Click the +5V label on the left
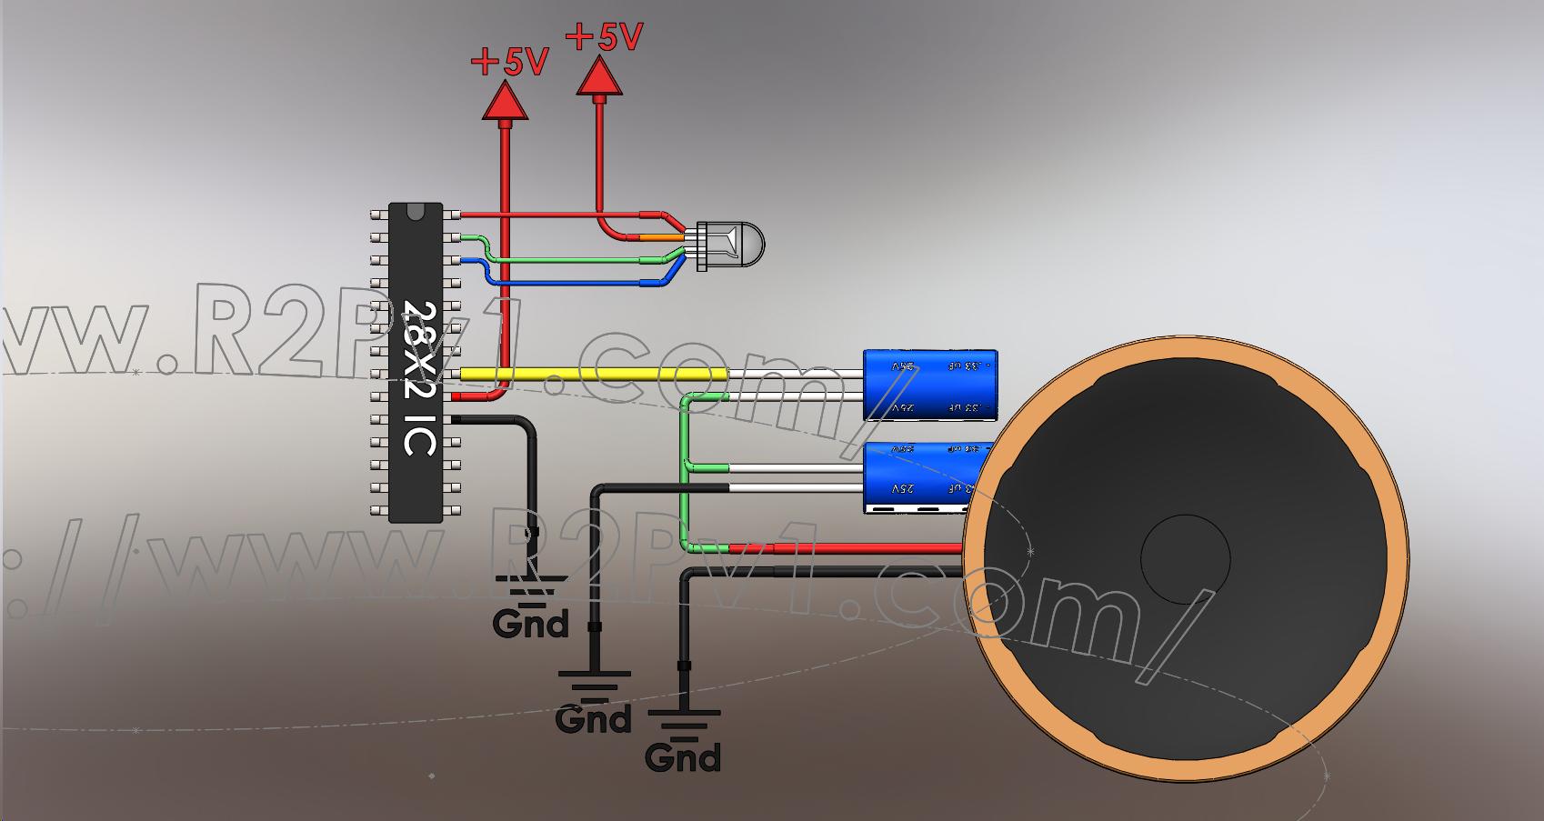[509, 62]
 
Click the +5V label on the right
[604, 37]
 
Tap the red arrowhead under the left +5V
[505, 102]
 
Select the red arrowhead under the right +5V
[599, 76]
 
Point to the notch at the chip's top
[416, 212]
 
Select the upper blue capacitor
[930, 385]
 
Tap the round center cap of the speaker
[1185, 558]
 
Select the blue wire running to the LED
[573, 283]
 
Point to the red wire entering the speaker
[864, 548]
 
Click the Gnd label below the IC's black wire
[531, 624]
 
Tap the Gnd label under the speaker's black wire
[682, 756]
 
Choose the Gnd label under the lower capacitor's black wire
[594, 718]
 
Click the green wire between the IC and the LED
[582, 260]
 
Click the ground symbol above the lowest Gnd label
[683, 723]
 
